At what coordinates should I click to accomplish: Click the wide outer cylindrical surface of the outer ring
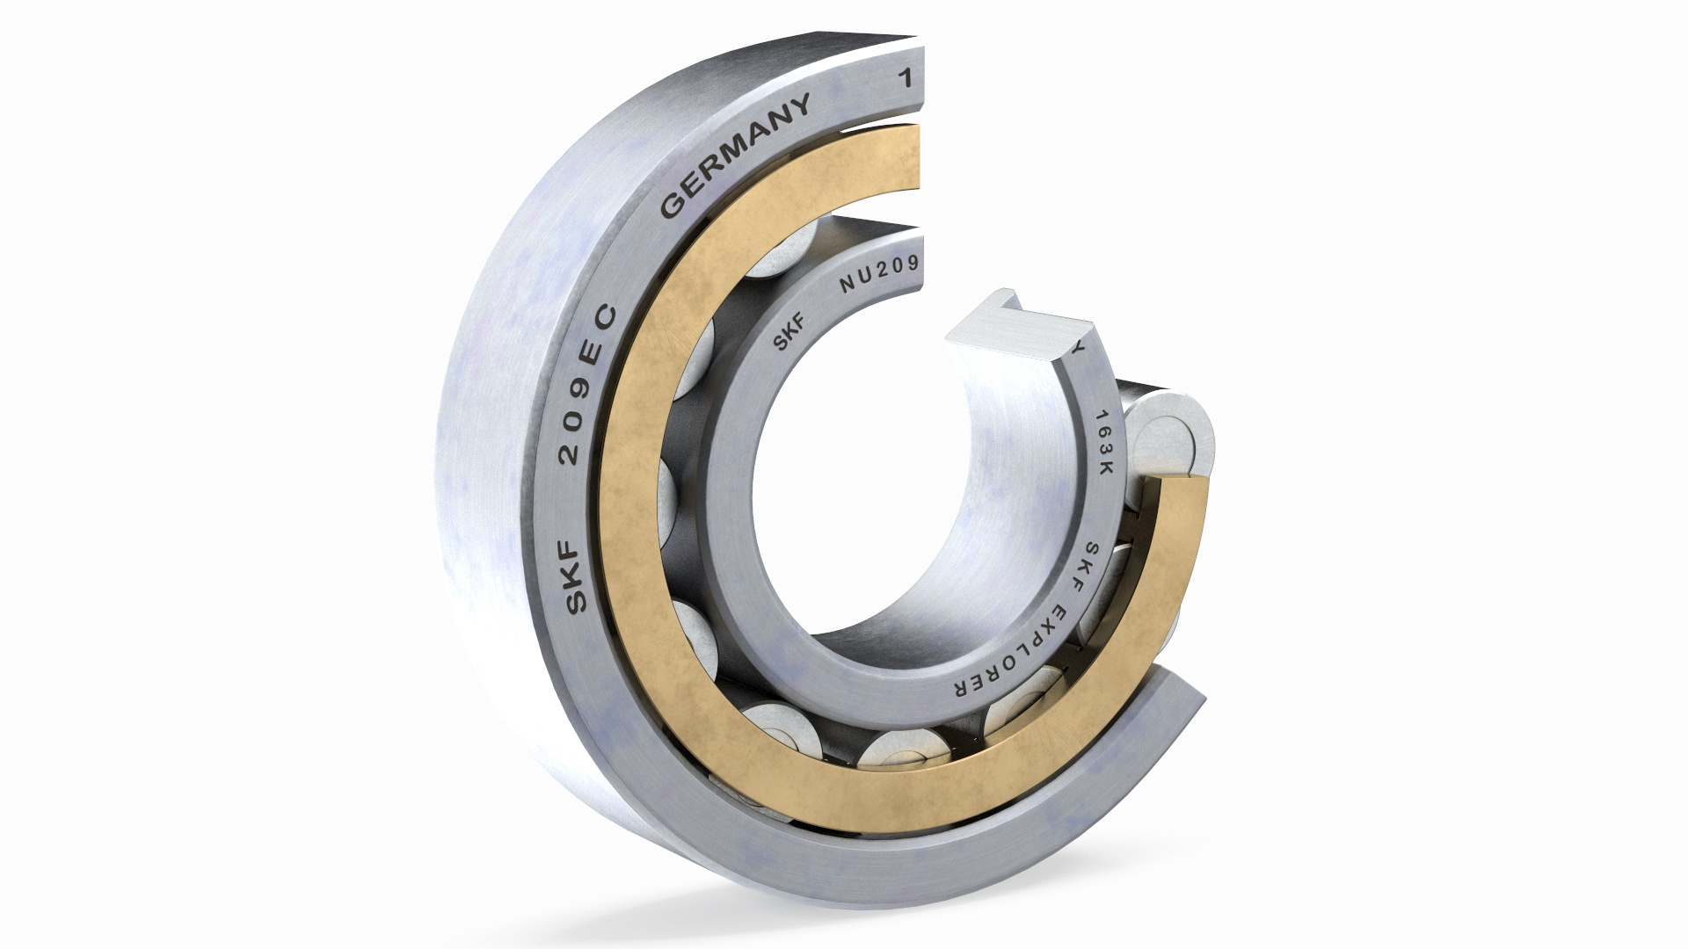tap(492, 483)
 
